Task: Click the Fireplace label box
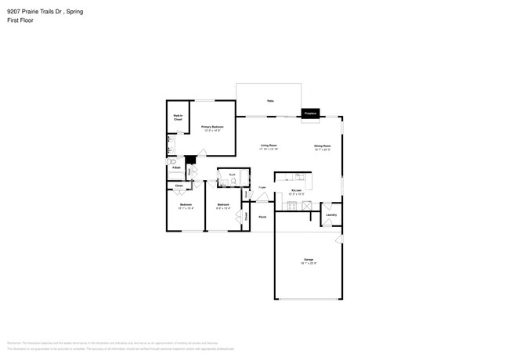coord(311,113)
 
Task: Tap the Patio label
coord(270,101)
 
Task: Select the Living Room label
coord(270,146)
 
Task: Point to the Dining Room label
coord(323,146)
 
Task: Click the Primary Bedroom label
coord(211,126)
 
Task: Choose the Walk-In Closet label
coord(178,117)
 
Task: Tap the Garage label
coord(309,259)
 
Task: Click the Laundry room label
coord(331,214)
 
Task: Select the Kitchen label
coord(297,190)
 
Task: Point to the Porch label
coord(262,217)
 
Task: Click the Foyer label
coord(262,188)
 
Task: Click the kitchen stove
coord(293,206)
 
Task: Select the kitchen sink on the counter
coord(299,177)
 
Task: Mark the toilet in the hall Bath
coord(234,182)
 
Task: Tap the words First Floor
coord(18,20)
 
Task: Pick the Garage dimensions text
coord(309,264)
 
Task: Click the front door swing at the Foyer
coord(262,198)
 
